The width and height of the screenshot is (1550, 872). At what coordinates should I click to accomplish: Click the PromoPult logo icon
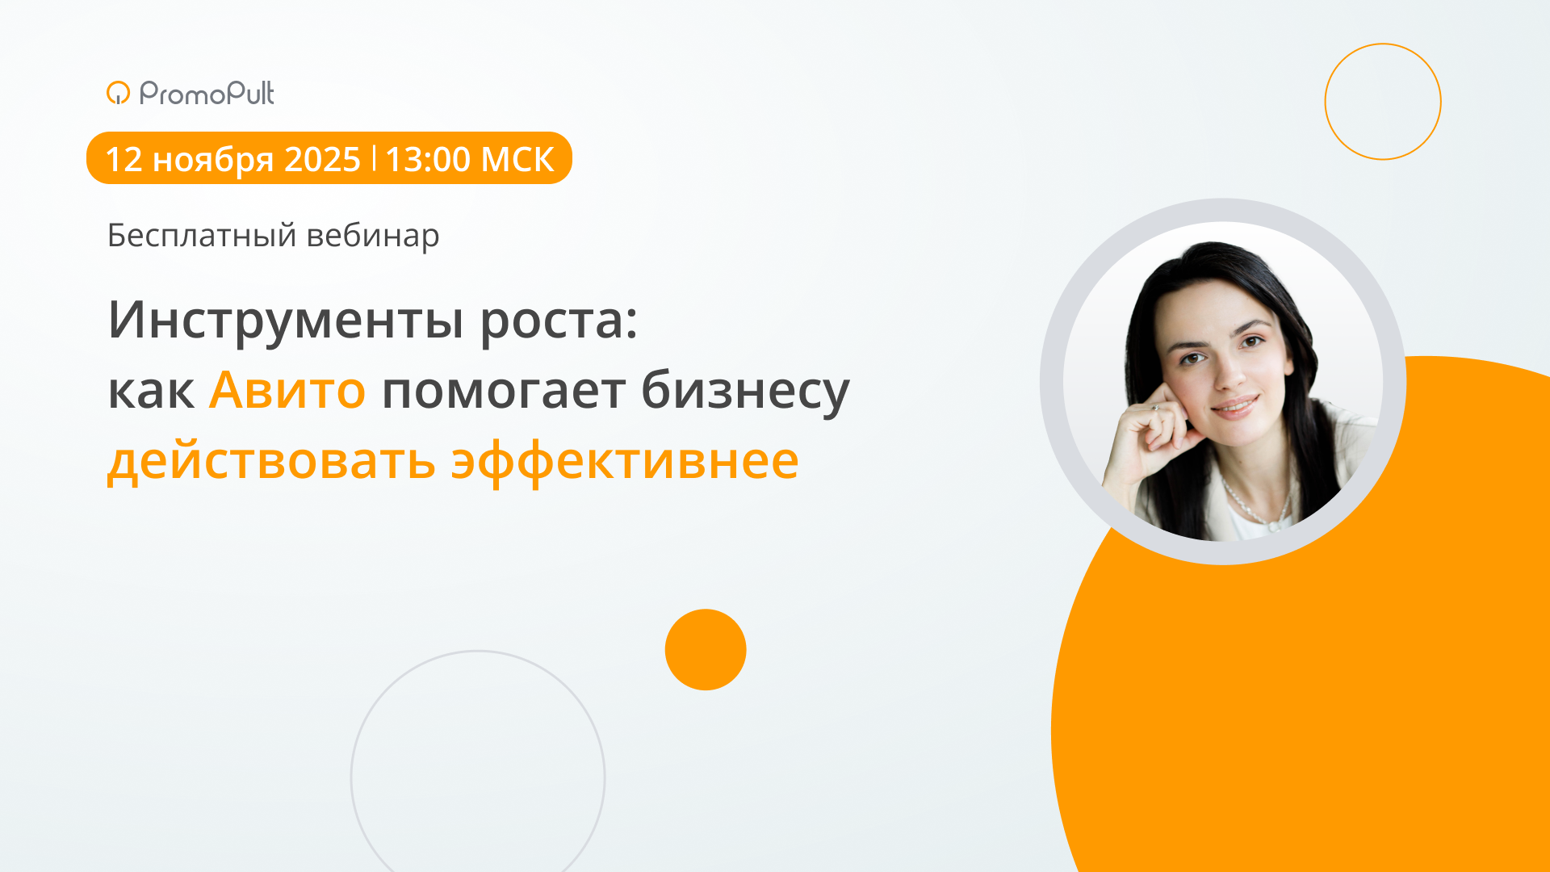coord(118,93)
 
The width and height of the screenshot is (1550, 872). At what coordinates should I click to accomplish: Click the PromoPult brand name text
coord(207,94)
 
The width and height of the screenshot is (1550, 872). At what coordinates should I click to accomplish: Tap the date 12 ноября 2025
coord(232,159)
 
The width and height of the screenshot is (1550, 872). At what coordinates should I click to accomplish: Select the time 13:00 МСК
coord(469,159)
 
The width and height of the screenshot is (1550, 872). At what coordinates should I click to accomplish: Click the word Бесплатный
coord(202,236)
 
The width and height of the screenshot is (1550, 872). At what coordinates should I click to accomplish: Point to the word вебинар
coord(373,236)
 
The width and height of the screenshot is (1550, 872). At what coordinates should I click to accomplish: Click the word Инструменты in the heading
coord(286,321)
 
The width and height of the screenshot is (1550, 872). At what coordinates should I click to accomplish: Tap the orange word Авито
coord(287,390)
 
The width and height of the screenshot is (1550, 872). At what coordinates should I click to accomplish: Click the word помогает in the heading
coord(503,392)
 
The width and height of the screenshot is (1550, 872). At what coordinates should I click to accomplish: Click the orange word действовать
coord(271,462)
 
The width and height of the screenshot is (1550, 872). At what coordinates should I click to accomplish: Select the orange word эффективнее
coord(624,462)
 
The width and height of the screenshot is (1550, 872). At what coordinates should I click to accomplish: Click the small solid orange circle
coord(706,649)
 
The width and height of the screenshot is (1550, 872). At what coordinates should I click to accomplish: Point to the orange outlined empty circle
coord(1383,102)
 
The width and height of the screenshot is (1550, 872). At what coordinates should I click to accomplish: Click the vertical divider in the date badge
coord(374,157)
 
